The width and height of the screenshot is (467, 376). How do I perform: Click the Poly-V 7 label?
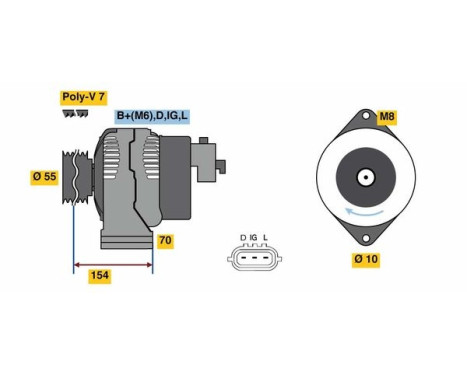82,99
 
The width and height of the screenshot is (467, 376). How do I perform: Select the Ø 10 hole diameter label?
365,259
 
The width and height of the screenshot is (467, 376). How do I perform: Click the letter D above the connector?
242,237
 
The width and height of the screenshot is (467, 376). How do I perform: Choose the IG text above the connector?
253,237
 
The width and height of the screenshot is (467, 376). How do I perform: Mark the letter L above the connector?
266,237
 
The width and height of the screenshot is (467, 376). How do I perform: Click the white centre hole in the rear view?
366,180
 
